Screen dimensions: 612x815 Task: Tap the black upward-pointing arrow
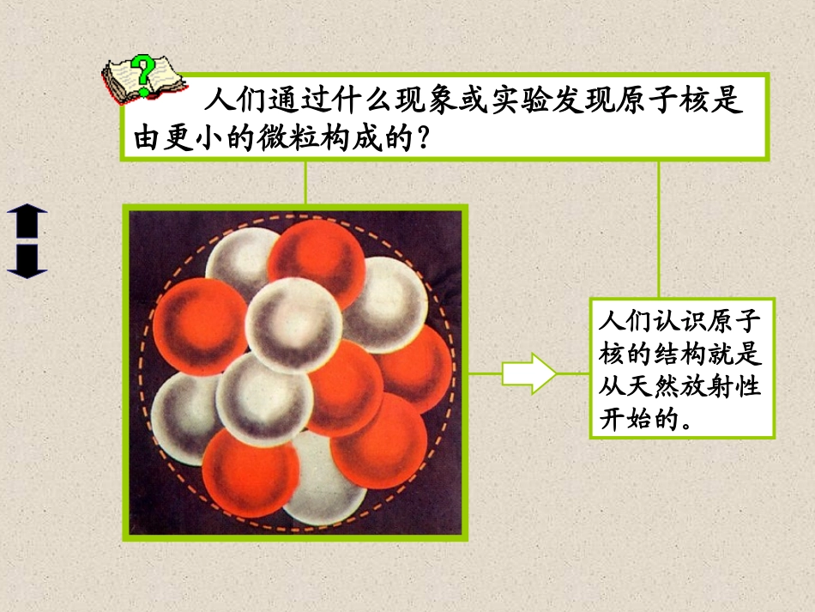click(27, 221)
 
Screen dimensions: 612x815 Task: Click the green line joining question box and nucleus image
click(305, 182)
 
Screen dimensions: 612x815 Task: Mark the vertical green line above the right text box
click(659, 228)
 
